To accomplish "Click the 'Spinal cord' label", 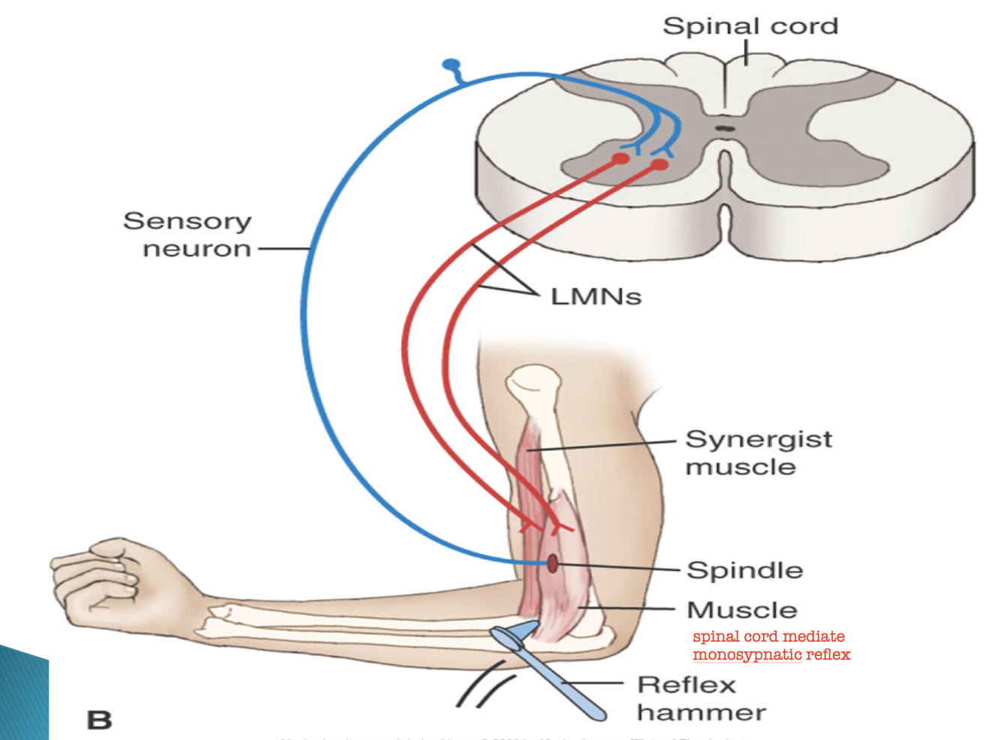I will tap(750, 26).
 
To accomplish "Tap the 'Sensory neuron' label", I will tap(188, 234).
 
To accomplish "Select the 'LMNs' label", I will tap(596, 296).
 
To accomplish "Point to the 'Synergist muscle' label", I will tap(758, 453).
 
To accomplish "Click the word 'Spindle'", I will tap(744, 570).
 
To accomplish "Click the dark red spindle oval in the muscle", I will tap(552, 563).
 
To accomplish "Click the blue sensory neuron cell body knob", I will tap(451, 65).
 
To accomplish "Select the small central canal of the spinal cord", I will tap(724, 128).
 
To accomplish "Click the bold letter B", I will tap(99, 720).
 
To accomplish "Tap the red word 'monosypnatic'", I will tap(747, 654).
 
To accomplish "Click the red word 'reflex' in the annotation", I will tap(828, 654).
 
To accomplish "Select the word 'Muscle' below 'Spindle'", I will tap(741, 610).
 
